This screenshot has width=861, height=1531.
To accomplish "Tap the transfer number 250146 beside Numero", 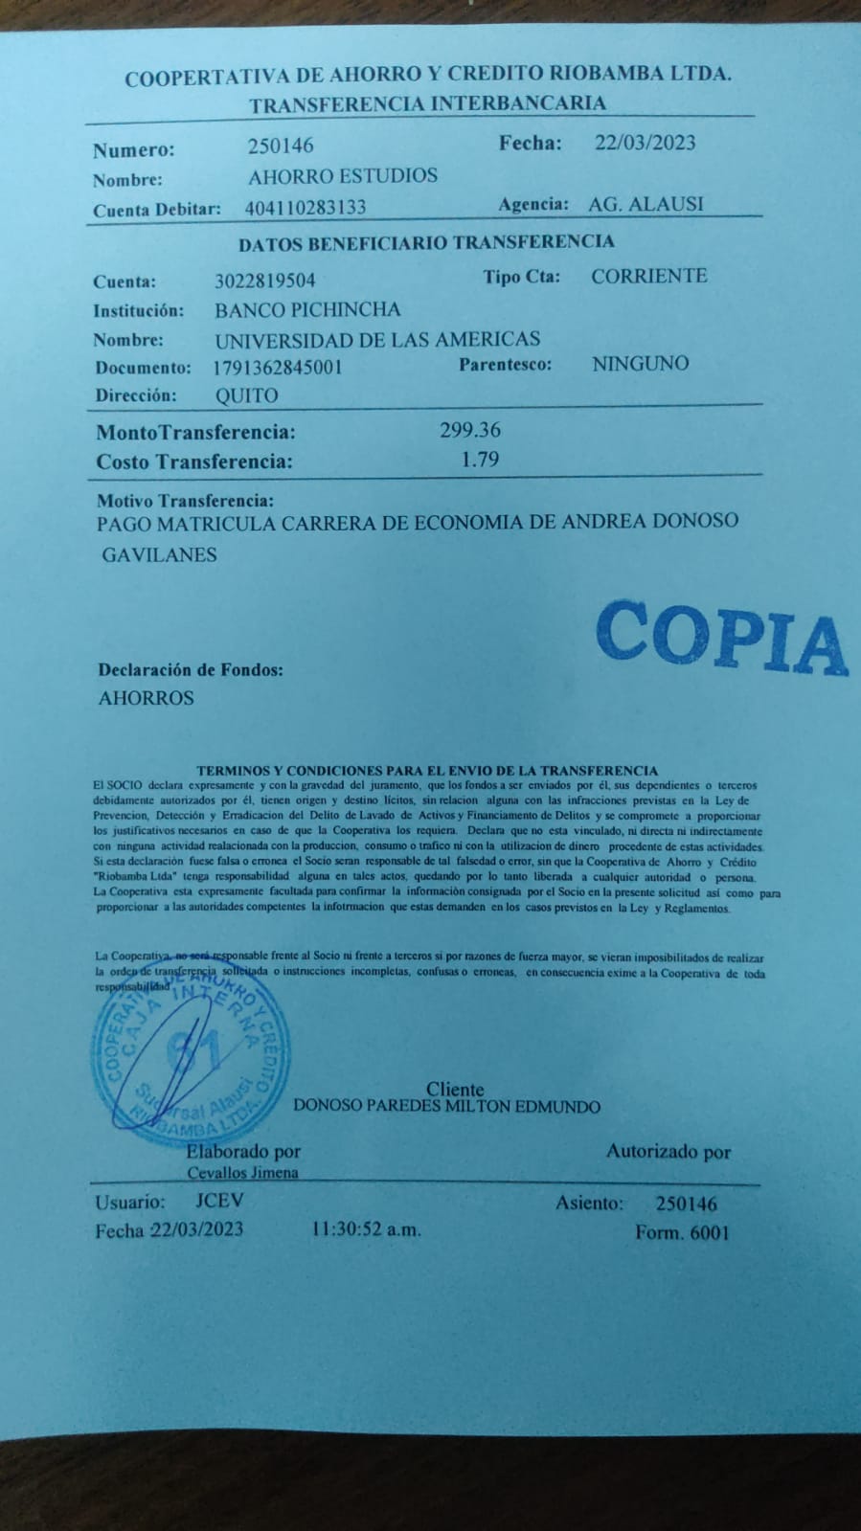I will (281, 146).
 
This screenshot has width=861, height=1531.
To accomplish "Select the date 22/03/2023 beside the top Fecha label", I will (645, 143).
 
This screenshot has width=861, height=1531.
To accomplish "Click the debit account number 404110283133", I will (306, 207).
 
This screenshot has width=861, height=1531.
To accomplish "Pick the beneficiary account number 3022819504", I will (265, 281).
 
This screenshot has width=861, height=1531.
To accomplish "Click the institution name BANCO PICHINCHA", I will (307, 309).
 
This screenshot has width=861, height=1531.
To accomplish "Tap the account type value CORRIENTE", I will (648, 276).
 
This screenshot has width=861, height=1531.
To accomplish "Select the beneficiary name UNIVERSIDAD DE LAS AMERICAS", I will (377, 339).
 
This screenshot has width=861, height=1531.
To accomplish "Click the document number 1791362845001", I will (278, 367).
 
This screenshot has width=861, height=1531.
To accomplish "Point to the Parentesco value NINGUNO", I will (640, 363).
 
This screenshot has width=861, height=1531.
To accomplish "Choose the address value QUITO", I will (246, 395).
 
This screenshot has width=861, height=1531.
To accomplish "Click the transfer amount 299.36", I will (470, 430).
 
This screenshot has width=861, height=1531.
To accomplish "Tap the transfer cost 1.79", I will (480, 460).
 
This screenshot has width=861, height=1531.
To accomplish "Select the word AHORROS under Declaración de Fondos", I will (146, 698).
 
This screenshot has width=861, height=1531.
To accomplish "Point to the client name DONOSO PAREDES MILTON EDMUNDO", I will (446, 1107).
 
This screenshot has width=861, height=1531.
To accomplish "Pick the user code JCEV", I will (219, 1201).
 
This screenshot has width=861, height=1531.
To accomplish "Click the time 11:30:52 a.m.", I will (366, 1230).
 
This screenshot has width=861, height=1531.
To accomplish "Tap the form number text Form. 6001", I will (682, 1232).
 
